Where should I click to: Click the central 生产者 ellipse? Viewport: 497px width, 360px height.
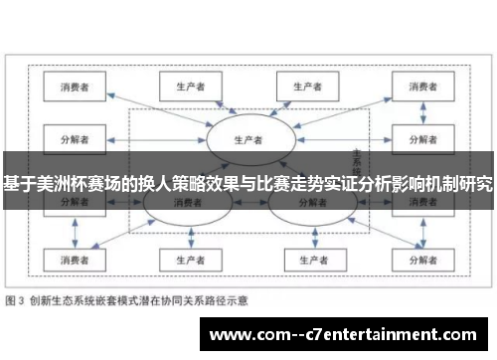point(248,138)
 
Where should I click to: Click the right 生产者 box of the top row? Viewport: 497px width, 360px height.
point(309,87)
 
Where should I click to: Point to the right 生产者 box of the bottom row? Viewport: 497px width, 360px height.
point(309,260)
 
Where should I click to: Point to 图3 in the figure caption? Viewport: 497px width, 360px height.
point(18,299)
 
